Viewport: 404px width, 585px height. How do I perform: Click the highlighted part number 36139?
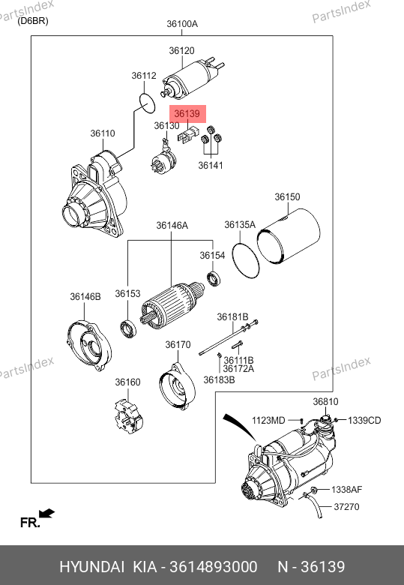pyautogui.click(x=187, y=113)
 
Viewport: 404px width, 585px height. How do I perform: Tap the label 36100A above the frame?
pyautogui.click(x=182, y=24)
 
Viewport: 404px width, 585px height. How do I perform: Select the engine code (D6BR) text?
pyautogui.click(x=33, y=21)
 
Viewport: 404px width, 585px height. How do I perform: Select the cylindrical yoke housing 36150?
pyautogui.click(x=289, y=236)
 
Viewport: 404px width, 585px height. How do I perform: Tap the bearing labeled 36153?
pyautogui.click(x=128, y=329)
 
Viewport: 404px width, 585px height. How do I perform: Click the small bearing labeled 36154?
pyautogui.click(x=214, y=280)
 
